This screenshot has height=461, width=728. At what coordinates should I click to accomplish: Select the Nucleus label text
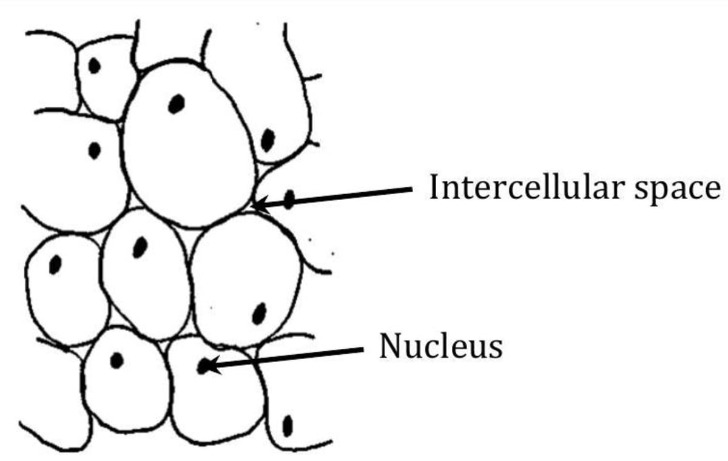point(441,346)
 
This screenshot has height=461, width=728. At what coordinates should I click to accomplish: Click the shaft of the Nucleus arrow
point(291,356)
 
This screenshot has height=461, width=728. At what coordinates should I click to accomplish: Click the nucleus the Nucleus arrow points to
point(204,366)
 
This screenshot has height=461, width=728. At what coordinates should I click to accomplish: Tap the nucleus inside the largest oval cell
point(176,104)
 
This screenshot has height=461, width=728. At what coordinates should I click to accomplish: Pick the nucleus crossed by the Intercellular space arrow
point(289,200)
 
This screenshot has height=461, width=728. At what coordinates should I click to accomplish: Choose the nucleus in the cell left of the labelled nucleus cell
point(116,361)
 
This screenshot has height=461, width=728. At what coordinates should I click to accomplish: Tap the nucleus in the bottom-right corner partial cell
point(288,425)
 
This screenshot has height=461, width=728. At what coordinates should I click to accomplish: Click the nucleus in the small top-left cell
point(94,65)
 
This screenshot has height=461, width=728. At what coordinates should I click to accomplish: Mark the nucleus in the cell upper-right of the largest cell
point(268,140)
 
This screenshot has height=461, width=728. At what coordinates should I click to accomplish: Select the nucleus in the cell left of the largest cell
point(94,150)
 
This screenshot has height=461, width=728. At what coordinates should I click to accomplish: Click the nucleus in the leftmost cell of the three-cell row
point(55,264)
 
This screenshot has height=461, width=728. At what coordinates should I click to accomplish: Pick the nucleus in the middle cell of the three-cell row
point(140,247)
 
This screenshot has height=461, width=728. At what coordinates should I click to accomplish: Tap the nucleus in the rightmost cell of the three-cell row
point(259,314)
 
